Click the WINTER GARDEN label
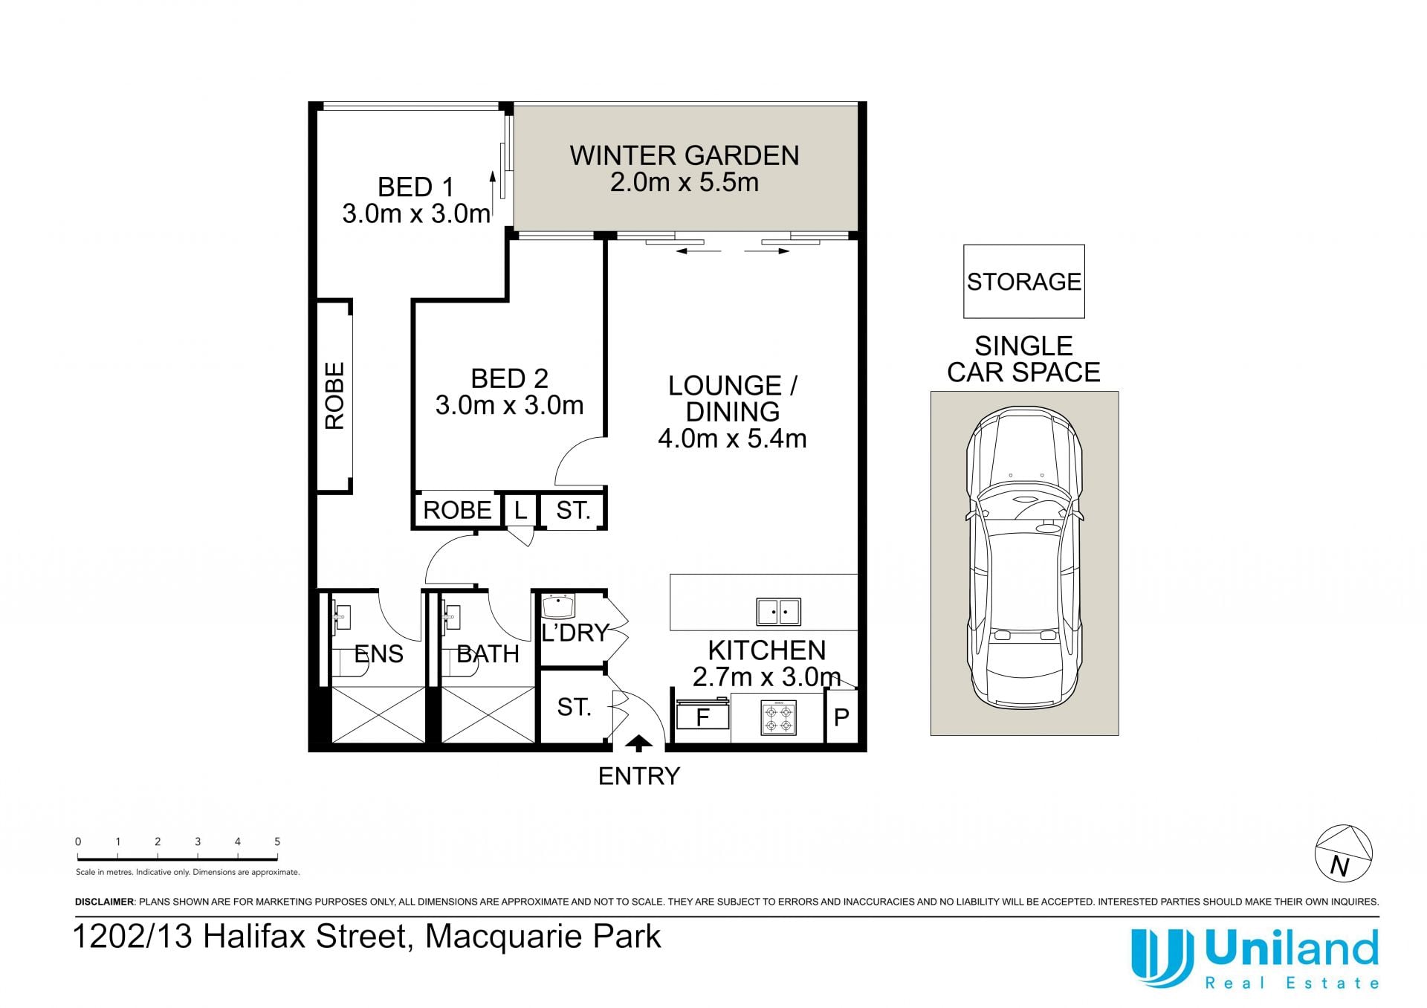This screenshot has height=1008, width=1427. (685, 155)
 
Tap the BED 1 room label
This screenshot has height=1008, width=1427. (415, 187)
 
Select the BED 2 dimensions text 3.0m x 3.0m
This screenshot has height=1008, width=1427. (510, 405)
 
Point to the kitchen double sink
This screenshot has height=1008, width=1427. (778, 612)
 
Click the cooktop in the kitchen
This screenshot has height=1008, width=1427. (779, 717)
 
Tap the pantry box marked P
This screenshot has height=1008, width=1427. (841, 717)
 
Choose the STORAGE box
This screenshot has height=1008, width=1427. (1024, 282)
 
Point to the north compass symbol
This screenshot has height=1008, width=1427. (1344, 853)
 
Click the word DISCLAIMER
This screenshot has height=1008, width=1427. (105, 902)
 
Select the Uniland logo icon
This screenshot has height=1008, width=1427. (1161, 957)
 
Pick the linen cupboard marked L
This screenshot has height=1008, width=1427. (520, 510)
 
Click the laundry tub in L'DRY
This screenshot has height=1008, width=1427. (558, 606)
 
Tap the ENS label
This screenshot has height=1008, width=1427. (379, 653)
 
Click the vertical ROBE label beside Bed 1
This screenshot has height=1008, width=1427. (334, 395)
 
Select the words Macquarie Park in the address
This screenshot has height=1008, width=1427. (543, 936)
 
